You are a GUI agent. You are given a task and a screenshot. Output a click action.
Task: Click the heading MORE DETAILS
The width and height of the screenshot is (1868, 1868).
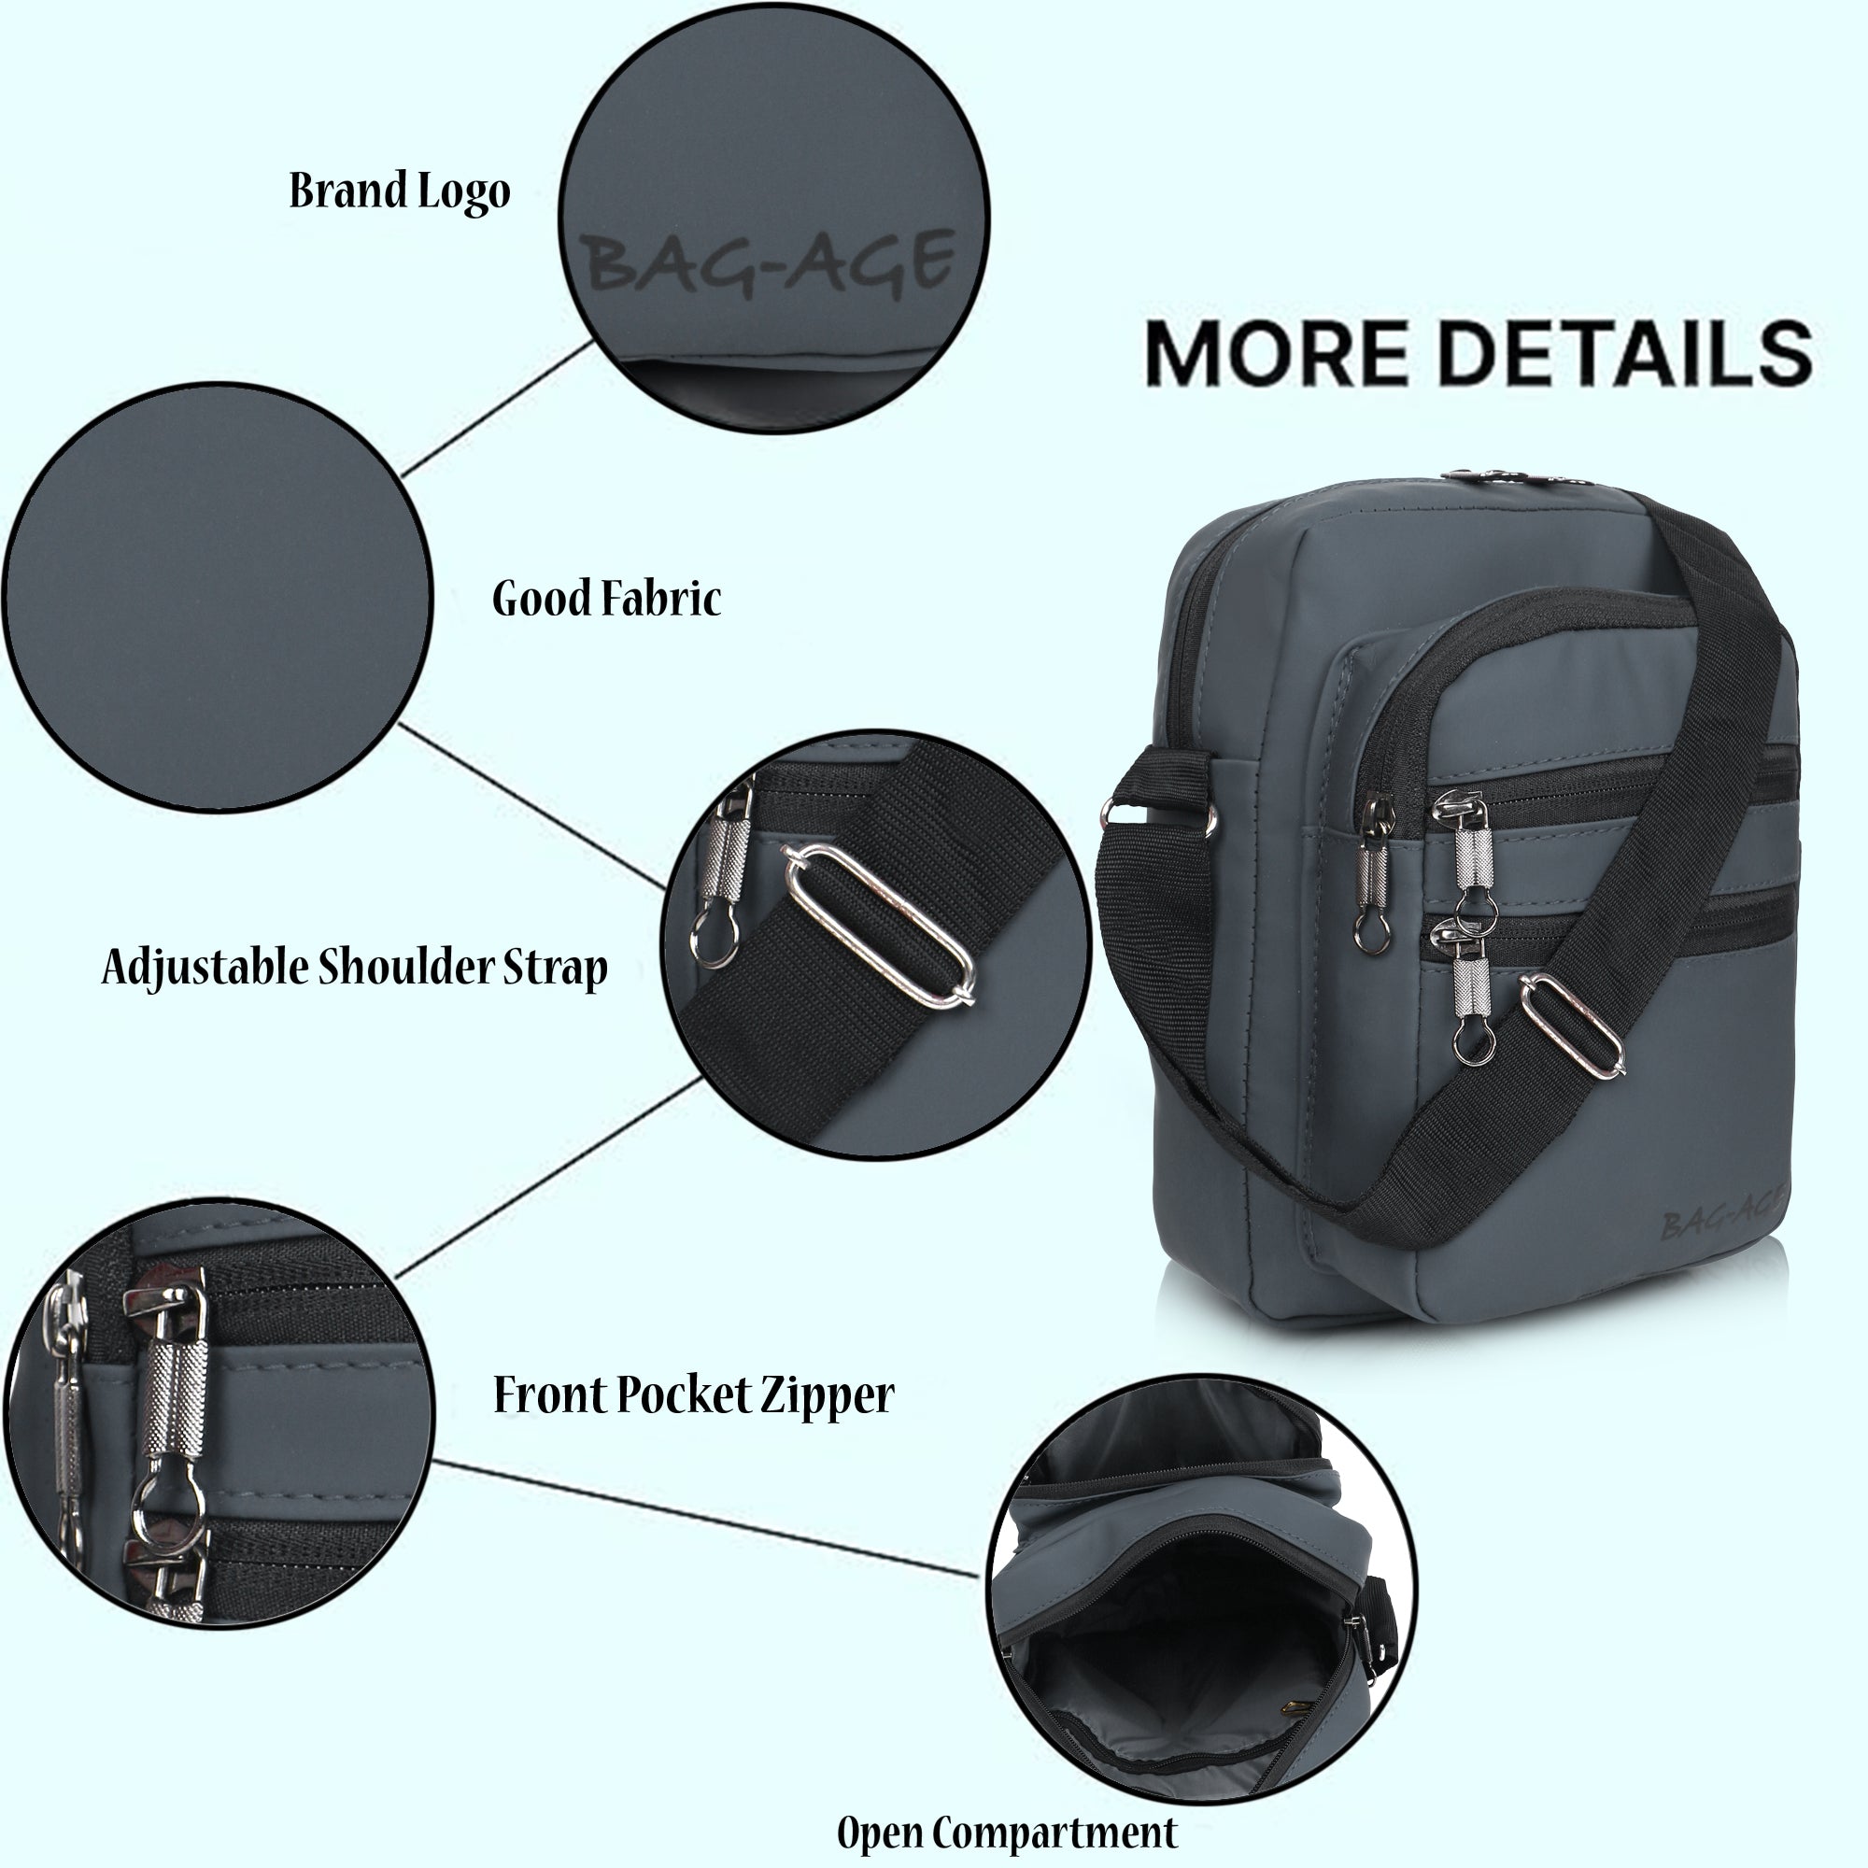tap(1478, 353)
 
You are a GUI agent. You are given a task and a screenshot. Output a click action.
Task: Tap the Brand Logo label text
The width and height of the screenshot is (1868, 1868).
tap(400, 191)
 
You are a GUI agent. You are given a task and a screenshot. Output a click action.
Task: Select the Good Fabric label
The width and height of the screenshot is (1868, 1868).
tap(606, 599)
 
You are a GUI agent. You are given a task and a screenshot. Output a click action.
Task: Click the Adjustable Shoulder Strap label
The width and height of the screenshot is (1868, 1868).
tap(355, 967)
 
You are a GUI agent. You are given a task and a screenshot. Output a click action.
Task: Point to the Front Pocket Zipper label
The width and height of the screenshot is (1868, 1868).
tap(693, 1395)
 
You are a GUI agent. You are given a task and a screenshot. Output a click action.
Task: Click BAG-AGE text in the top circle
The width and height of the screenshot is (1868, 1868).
tap(771, 262)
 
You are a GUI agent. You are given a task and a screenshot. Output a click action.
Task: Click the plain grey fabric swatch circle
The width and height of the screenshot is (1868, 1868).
tap(218, 597)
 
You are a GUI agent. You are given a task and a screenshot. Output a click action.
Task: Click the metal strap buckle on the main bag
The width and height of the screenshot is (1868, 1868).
tap(1572, 1025)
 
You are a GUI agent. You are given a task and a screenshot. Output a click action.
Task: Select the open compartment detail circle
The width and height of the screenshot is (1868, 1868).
tap(1199, 1586)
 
